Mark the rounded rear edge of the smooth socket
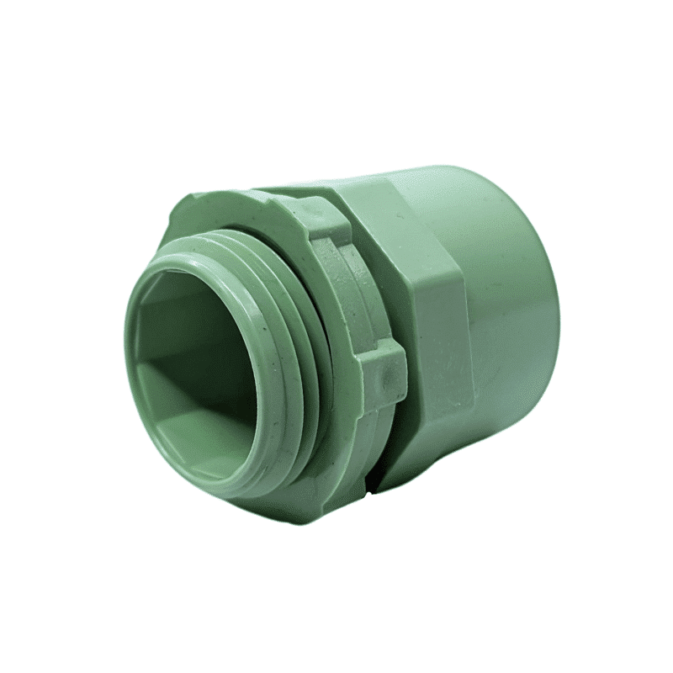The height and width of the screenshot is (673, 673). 551,294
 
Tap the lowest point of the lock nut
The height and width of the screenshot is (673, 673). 353,505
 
